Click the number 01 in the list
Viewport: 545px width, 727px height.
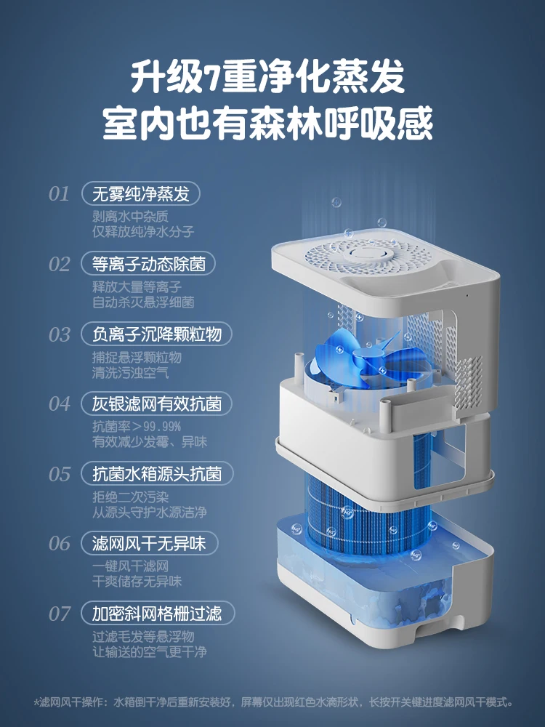tap(60, 194)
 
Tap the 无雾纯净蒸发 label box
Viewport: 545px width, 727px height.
tap(141, 194)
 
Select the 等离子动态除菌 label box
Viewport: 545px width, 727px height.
tap(149, 263)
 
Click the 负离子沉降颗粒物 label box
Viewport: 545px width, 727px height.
tap(156, 334)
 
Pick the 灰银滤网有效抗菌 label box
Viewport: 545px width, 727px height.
tap(156, 403)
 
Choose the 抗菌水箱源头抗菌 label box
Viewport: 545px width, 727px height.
tap(156, 474)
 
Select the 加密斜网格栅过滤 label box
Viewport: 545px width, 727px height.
tap(156, 612)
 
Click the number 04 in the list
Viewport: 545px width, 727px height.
tap(60, 403)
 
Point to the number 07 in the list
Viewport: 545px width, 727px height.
tap(60, 613)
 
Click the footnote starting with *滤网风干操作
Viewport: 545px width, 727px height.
tap(272, 702)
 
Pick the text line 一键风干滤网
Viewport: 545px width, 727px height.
tap(131, 566)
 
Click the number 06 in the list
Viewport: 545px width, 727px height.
tap(60, 544)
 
